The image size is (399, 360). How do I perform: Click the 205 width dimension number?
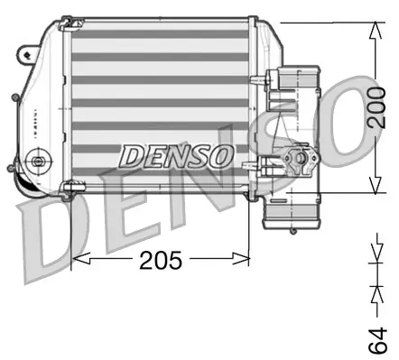[x=161, y=261]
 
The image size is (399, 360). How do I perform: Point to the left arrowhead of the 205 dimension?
[x=77, y=260]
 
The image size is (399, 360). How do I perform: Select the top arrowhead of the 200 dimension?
[x=373, y=28]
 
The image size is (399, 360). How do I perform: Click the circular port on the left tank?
[x=37, y=163]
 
